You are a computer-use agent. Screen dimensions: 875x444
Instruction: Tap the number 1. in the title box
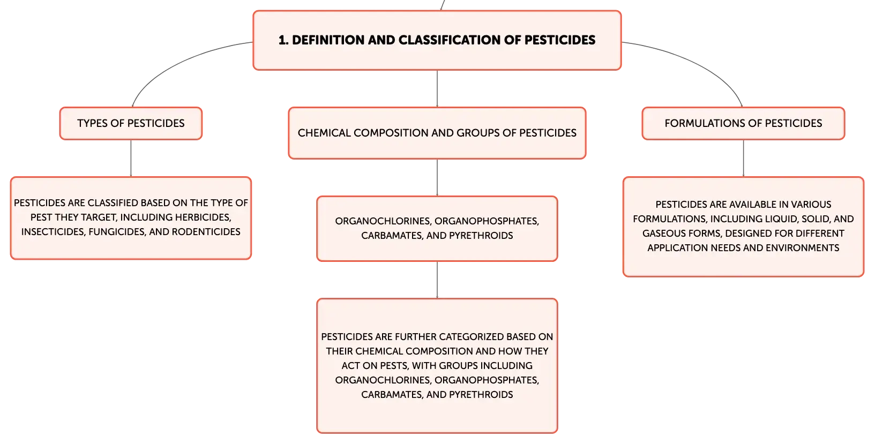(283, 40)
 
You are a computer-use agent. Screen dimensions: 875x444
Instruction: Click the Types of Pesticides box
(131, 123)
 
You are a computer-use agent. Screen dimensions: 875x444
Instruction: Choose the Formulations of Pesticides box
(743, 123)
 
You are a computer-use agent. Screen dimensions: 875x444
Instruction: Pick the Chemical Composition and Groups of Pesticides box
(437, 133)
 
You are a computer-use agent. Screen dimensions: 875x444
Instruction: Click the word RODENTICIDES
(206, 232)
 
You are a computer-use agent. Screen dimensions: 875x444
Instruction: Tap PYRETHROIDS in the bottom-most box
(481, 394)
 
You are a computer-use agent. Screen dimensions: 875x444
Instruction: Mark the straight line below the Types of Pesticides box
(131, 158)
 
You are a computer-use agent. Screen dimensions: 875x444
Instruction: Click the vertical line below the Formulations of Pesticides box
(743, 158)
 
